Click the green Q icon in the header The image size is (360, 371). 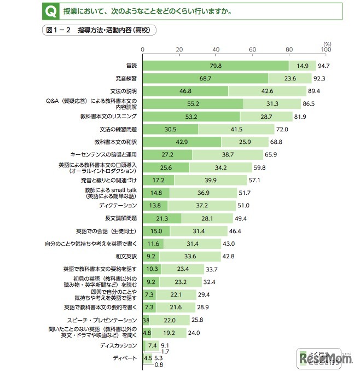(49, 10)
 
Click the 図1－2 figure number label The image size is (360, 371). (57, 31)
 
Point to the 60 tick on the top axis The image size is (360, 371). (252, 50)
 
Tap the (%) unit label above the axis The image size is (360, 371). (327, 43)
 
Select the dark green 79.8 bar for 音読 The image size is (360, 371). (216, 66)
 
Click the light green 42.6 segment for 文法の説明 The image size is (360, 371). (267, 91)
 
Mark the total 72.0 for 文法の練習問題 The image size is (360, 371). (282, 129)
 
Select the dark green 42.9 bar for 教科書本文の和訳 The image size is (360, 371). (182, 142)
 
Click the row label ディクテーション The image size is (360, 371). (118, 205)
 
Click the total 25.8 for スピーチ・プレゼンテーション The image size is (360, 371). (197, 320)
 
